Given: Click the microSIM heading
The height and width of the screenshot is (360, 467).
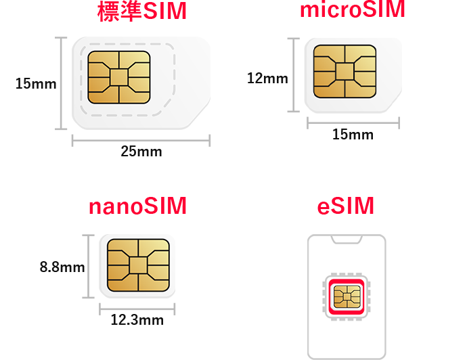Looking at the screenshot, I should [352, 10].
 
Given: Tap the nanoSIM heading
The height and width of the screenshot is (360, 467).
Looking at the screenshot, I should [137, 206].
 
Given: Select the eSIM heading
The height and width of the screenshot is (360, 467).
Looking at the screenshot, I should [345, 206].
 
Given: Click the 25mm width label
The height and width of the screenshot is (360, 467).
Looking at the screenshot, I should [141, 152].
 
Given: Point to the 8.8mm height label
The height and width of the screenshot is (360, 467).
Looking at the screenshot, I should [62, 267].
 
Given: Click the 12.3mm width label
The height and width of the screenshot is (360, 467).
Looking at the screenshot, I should [137, 320].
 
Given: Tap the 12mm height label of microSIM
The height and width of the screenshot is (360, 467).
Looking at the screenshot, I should [267, 78].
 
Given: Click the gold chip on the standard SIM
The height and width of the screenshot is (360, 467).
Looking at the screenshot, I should [119, 77].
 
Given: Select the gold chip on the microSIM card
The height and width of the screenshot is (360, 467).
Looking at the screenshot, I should [344, 72].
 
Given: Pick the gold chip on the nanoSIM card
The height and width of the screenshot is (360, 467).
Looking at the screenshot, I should [138, 265].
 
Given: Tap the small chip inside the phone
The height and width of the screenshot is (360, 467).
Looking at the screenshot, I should [347, 296].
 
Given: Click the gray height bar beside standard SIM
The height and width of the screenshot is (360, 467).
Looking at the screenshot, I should [61, 83].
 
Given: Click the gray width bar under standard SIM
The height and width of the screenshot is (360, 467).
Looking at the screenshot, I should [141, 140].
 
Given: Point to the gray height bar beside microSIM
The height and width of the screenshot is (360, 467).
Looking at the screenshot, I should [293, 75].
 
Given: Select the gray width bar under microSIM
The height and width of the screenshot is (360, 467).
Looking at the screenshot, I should [353, 122].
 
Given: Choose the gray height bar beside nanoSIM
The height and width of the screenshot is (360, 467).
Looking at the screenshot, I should [88, 267].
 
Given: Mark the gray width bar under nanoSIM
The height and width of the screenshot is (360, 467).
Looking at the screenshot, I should [137, 309].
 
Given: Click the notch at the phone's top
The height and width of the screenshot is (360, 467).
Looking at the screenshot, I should [347, 240].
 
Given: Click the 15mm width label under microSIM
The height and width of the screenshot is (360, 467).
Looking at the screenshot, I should [352, 135].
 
